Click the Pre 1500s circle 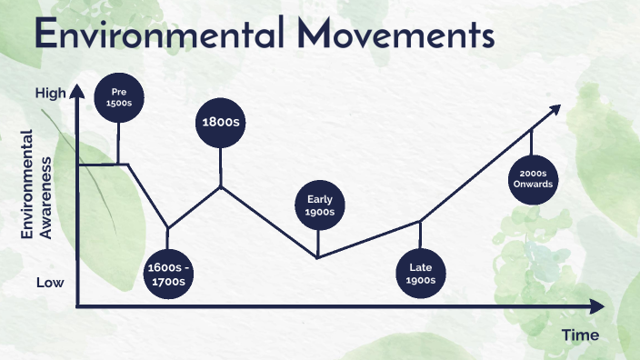pyautogui.click(x=119, y=96)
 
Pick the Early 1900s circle pyautogui.click(x=320, y=205)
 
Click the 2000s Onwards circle pyautogui.click(x=533, y=179)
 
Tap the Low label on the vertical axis pyautogui.click(x=49, y=283)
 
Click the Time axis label pyautogui.click(x=579, y=335)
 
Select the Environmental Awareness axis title pyautogui.click(x=38, y=185)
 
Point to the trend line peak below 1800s pyautogui.click(x=221, y=186)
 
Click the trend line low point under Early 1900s pyautogui.click(x=317, y=257)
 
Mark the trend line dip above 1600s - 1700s pyautogui.click(x=167, y=228)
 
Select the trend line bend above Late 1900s pyautogui.click(x=420, y=221)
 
